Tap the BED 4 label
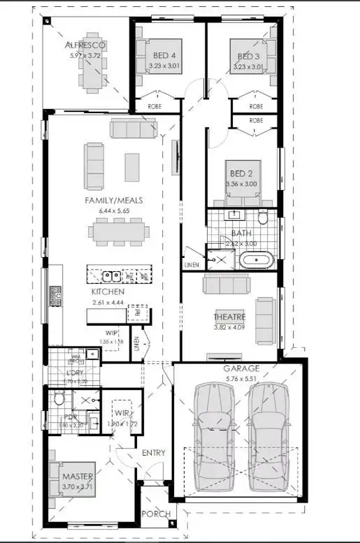pyautogui.click(x=165, y=57)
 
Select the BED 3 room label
pyautogui.click(x=248, y=57)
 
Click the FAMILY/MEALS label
pyautogui.click(x=113, y=201)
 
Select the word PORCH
pyautogui.click(x=156, y=514)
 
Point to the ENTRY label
pyautogui.click(x=153, y=453)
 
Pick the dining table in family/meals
pyautogui.click(x=117, y=230)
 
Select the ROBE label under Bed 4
pyautogui.click(x=154, y=106)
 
